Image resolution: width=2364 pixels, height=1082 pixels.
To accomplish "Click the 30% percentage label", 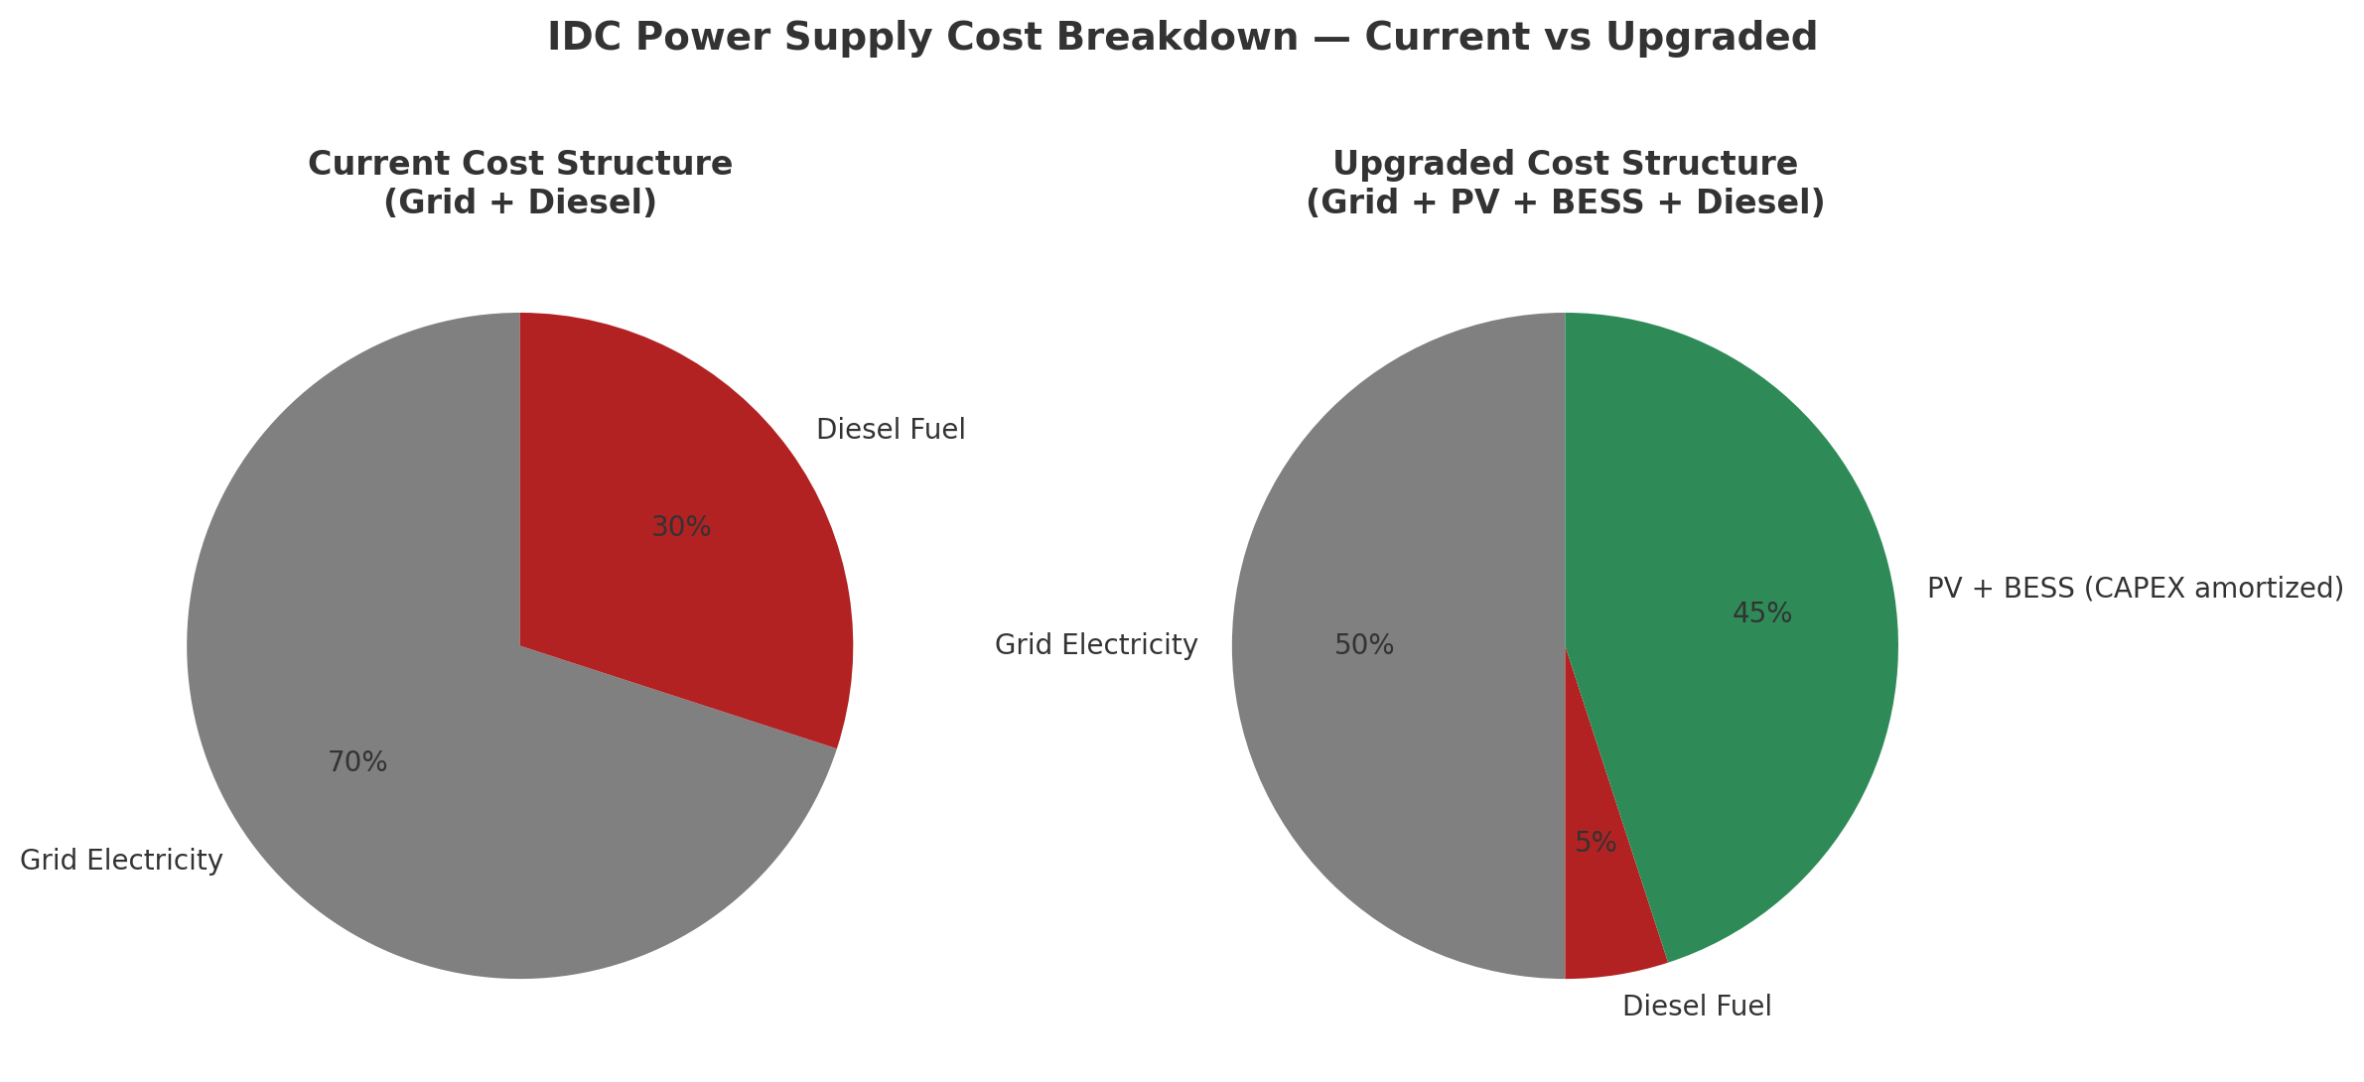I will [681, 527].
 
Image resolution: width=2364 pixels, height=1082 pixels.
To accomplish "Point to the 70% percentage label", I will [357, 762].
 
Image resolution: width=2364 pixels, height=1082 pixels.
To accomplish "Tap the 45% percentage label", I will [1762, 613].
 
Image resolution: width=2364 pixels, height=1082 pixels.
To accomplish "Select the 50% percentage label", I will [1364, 645].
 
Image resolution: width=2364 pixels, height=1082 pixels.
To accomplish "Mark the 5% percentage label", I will [1596, 843].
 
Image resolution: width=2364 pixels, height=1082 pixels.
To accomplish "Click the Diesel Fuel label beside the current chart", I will [891, 430].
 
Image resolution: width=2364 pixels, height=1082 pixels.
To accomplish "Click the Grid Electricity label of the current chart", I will [121, 861].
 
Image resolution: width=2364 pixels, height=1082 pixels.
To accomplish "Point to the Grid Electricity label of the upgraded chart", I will [1096, 645].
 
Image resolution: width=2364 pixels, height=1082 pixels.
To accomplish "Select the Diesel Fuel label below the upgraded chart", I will [1697, 1007].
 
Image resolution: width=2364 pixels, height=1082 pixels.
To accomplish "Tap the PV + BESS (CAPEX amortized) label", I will [2135, 588].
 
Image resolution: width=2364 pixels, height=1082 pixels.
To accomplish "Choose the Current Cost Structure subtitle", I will [520, 164].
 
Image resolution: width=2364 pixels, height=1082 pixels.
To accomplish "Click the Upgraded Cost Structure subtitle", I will [1565, 164].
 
